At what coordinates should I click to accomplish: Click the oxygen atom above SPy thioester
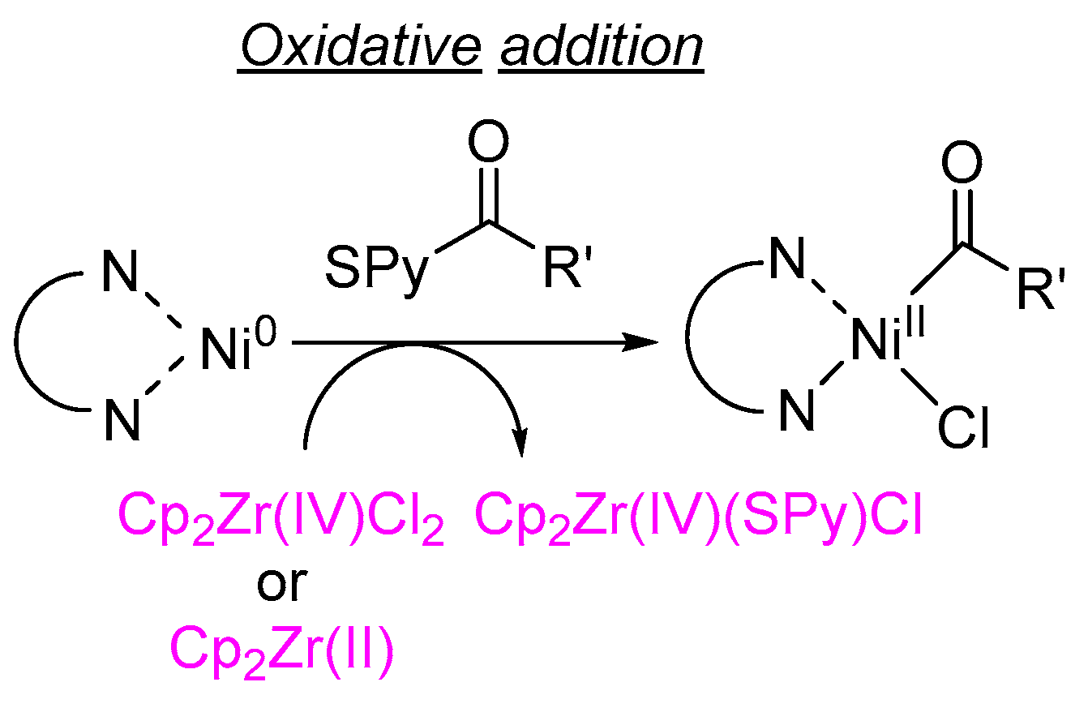click(x=487, y=144)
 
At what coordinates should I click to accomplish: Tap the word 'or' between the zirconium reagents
click(x=281, y=586)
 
